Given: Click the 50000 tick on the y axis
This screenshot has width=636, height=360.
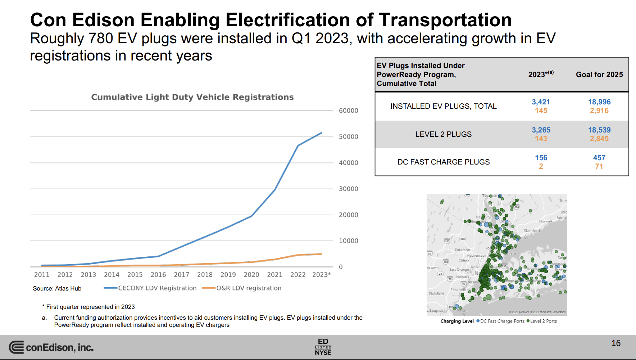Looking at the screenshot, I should [348, 137].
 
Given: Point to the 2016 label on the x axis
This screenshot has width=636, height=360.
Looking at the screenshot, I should [158, 275].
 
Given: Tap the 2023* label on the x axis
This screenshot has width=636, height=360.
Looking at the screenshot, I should [321, 275].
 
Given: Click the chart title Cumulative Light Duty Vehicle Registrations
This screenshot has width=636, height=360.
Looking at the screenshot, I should [192, 97].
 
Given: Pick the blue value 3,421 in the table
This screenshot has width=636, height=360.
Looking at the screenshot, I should [541, 102].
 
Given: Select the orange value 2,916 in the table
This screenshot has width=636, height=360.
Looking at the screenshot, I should [599, 111].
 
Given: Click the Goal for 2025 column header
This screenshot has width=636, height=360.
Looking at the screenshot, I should [599, 75].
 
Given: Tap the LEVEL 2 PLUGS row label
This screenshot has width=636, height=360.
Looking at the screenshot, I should [443, 134].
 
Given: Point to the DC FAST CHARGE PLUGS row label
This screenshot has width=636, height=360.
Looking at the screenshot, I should [443, 162].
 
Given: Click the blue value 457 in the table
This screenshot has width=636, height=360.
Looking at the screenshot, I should [599, 158].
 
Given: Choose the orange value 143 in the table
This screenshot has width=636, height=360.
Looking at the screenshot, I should [541, 139].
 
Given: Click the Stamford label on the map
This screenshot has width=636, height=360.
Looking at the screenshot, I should [532, 231].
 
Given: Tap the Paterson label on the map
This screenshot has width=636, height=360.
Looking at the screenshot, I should [462, 250].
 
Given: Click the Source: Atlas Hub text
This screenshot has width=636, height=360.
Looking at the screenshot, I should [57, 288].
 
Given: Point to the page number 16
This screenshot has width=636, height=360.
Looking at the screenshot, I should [616, 343].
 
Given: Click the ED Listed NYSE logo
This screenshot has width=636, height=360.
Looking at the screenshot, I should [323, 347].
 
